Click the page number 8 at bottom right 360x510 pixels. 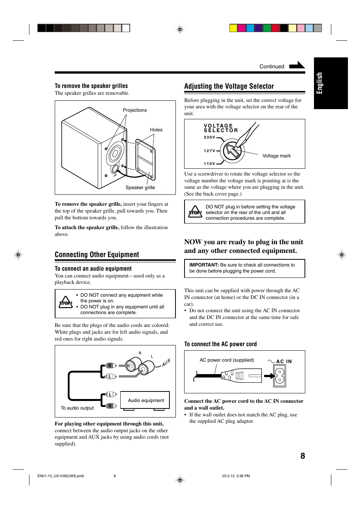point(303,456)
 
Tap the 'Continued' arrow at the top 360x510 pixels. point(297,65)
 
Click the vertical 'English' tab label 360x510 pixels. point(320,83)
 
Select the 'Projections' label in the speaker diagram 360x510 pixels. point(135,110)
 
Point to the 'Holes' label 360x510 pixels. point(156,130)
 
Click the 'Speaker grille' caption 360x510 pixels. point(140,188)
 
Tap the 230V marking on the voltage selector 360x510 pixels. point(209,137)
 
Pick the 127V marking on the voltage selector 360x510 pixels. point(209,151)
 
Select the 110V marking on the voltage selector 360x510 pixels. point(209,164)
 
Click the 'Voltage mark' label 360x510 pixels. point(277,156)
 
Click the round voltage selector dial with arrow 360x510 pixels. point(232,151)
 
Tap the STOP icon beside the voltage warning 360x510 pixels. point(195,212)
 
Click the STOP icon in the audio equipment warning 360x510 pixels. point(66,302)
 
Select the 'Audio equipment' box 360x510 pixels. point(145,400)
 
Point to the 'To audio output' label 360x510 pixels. point(77,408)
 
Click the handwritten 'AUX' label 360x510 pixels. point(166,363)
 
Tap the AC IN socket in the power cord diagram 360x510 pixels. point(280,376)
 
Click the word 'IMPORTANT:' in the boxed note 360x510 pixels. point(204,265)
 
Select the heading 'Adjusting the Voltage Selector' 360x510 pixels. point(229,86)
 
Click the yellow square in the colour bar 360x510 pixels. point(234,28)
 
